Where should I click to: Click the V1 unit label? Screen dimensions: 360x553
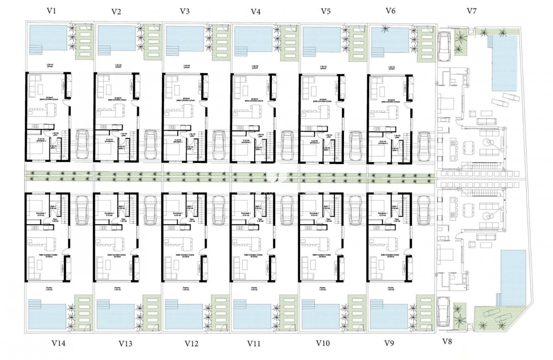[52, 11]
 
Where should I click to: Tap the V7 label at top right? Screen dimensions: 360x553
[471, 11]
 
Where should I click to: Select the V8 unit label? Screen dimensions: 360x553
[447, 342]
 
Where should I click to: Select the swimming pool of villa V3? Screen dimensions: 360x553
[185, 39]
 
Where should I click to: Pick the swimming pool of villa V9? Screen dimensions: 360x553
[389, 314]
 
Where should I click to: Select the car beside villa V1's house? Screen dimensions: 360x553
[82, 145]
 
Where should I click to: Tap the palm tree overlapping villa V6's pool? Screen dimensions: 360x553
[384, 29]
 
